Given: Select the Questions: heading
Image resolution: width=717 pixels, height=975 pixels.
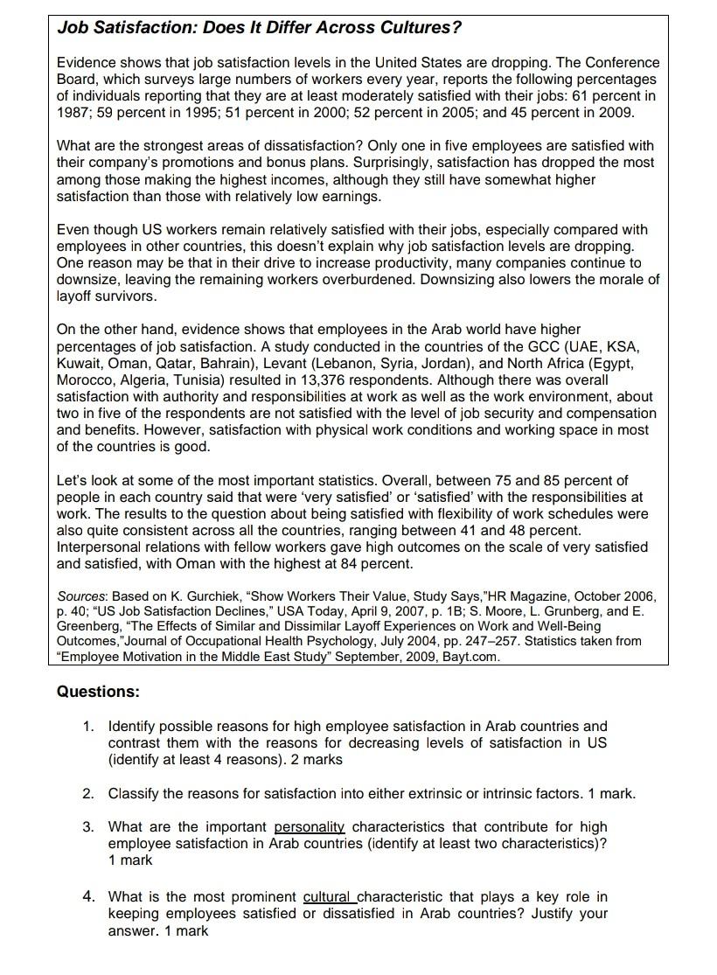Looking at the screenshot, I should point(98,692).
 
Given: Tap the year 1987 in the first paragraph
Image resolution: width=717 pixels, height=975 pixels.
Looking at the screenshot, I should point(73,113).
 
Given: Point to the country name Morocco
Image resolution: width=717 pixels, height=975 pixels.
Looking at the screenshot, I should point(85,380).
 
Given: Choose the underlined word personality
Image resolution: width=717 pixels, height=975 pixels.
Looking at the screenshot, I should point(310,827).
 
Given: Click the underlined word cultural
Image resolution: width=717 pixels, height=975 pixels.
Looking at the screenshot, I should point(328,897).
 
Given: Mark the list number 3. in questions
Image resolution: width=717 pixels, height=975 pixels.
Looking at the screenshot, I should point(88,827).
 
